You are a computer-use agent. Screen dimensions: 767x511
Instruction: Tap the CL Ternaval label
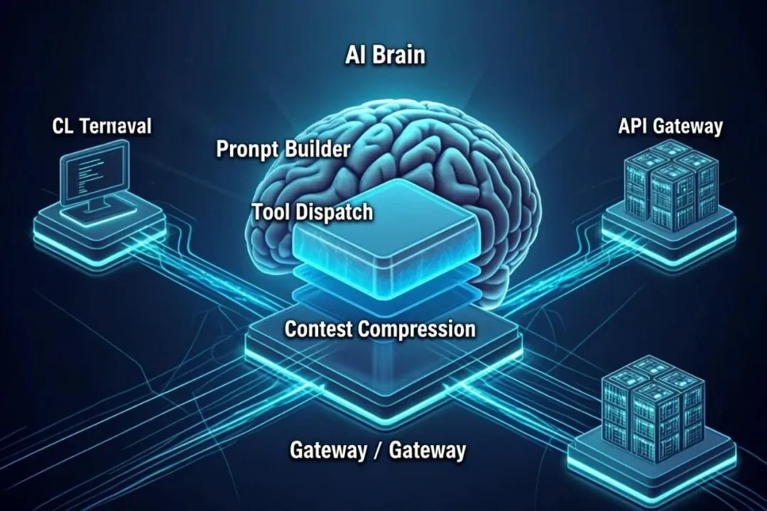(x=102, y=127)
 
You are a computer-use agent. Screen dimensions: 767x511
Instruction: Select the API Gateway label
(x=670, y=127)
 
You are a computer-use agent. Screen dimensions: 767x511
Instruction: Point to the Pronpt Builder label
(x=283, y=150)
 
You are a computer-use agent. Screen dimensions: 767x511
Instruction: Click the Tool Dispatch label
(x=312, y=212)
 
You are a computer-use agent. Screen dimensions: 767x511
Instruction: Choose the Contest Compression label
(x=380, y=329)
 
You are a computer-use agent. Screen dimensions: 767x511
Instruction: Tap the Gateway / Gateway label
(x=378, y=451)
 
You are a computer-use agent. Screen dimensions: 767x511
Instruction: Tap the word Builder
(x=317, y=150)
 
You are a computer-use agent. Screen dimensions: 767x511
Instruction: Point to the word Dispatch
(x=339, y=212)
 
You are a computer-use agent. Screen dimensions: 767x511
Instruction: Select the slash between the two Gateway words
(x=377, y=451)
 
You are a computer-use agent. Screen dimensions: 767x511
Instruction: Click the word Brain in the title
(x=400, y=55)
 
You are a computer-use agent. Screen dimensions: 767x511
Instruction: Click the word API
(x=633, y=127)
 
